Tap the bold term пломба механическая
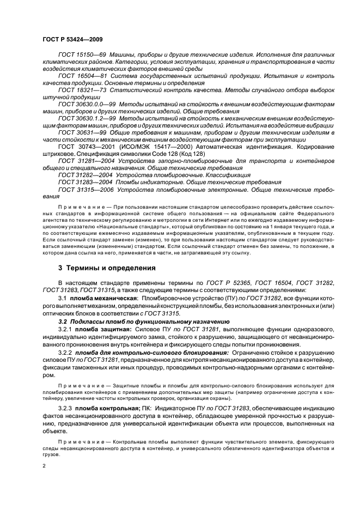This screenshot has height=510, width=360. pos(103,299)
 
